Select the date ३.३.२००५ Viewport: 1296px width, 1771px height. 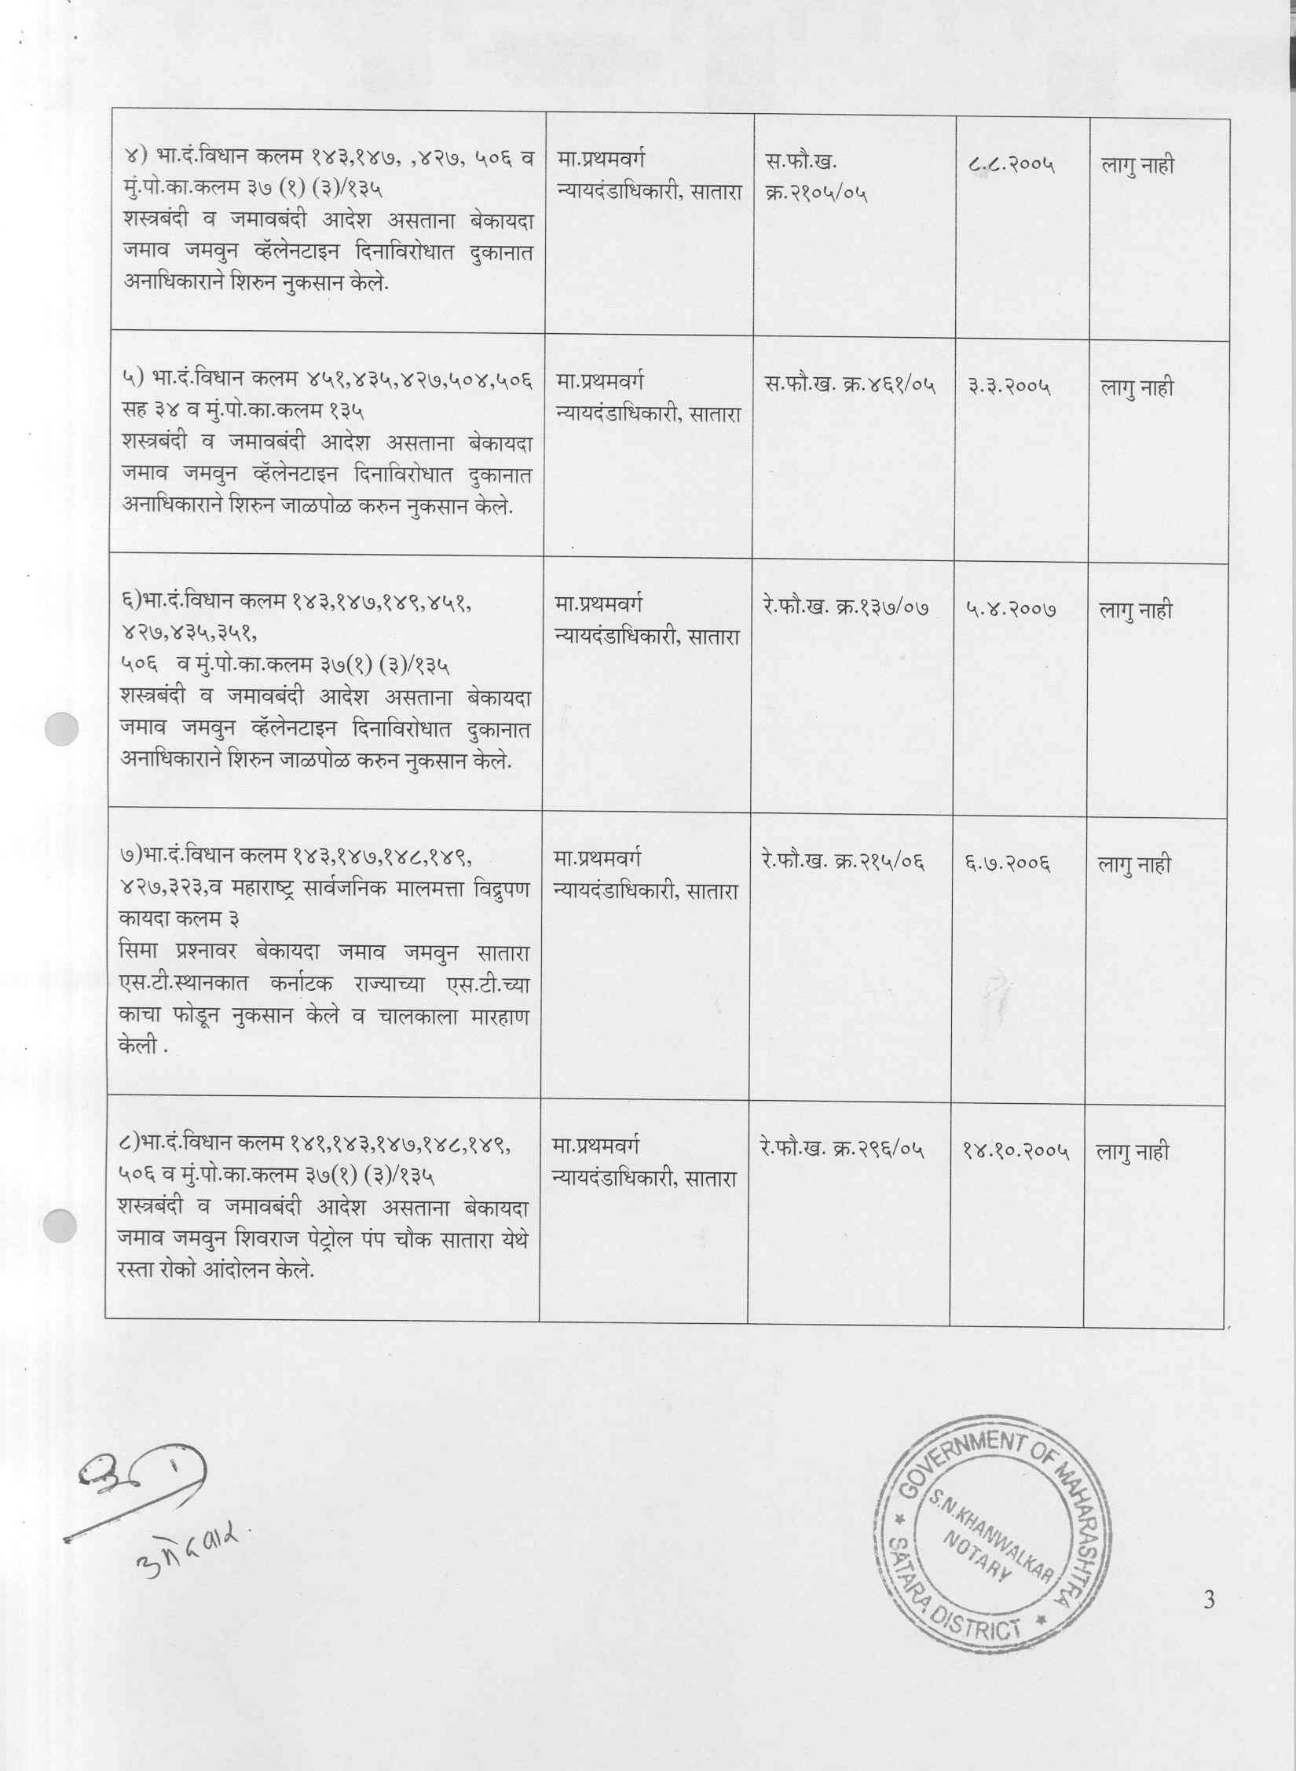[1009, 387]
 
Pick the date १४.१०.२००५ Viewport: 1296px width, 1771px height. [1016, 1152]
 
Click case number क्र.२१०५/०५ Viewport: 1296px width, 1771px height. [816, 193]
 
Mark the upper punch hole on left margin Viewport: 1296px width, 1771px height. [61, 729]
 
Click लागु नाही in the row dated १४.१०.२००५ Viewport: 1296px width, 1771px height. [1133, 1153]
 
